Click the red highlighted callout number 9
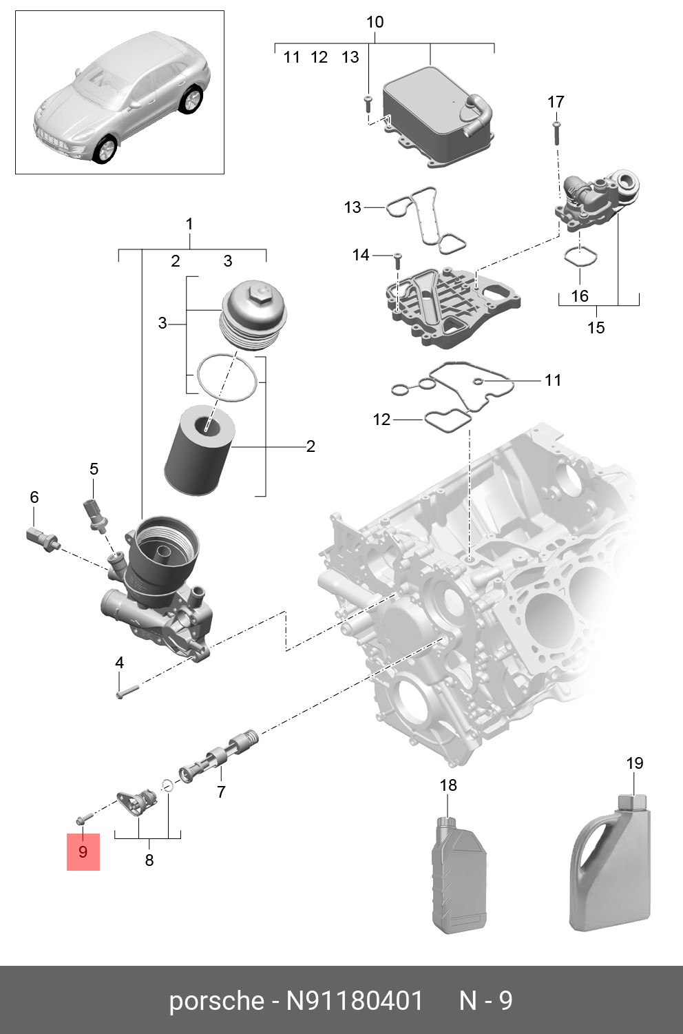tap(83, 851)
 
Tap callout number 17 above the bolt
tap(556, 102)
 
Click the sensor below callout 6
tap(43, 538)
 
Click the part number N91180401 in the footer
tap(355, 1000)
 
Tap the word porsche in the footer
tap(216, 1000)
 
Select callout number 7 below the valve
tap(221, 792)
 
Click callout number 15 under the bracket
tap(596, 327)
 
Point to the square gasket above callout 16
tap(580, 256)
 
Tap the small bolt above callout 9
tap(81, 819)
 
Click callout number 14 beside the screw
tap(361, 256)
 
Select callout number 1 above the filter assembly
tap(189, 224)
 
